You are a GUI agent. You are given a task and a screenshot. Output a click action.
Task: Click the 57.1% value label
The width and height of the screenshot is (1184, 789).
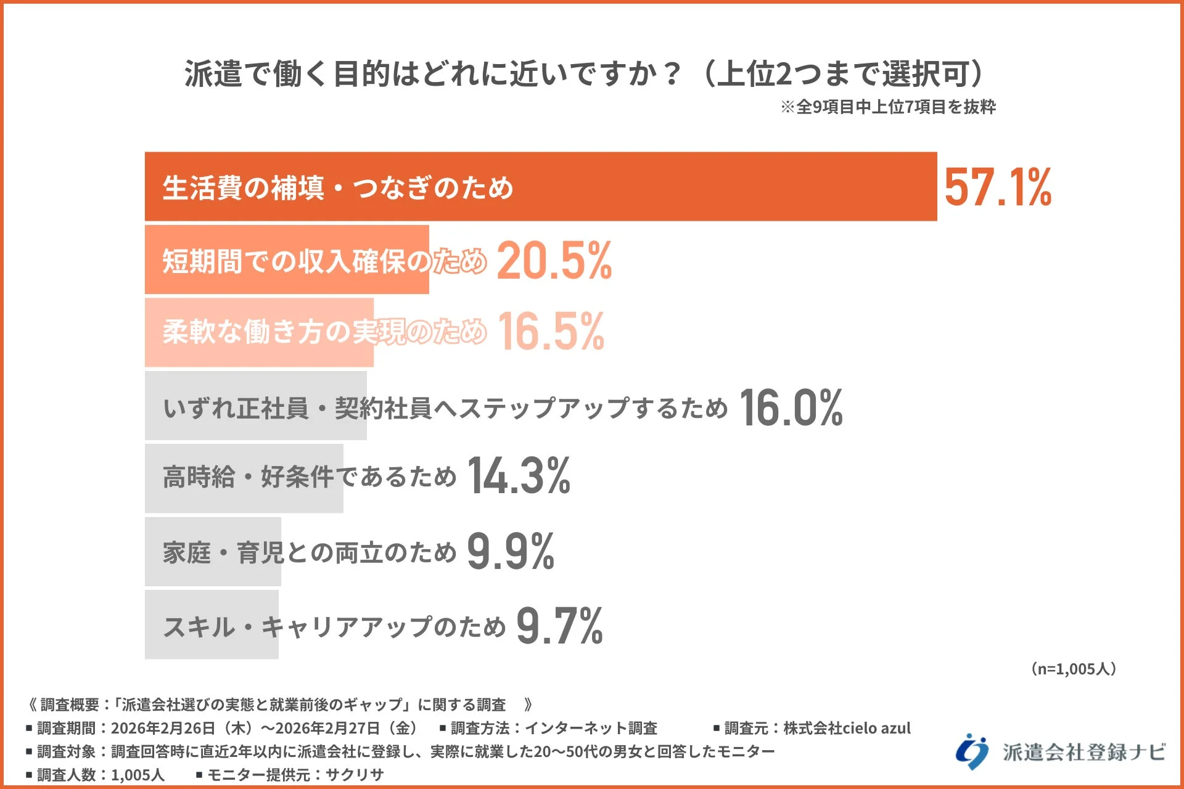997,187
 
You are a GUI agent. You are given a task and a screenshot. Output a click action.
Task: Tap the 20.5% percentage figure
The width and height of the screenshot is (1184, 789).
554,260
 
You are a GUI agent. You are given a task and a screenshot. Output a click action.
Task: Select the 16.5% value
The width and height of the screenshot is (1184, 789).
551,332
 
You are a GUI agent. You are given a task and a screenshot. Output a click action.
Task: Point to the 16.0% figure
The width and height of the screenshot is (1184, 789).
791,407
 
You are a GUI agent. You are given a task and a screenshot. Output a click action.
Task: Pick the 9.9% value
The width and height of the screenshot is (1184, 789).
510,551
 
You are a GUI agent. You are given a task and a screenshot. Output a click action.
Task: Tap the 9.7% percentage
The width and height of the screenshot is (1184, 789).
559,626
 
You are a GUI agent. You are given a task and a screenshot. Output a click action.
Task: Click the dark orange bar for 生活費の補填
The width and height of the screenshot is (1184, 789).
678,187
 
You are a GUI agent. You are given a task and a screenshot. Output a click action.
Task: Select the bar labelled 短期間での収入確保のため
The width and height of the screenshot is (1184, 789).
287,260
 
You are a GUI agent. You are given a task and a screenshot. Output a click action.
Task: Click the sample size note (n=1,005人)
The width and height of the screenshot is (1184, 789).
1073,669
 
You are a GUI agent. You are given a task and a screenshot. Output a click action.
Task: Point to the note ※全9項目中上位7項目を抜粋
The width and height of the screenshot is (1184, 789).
888,107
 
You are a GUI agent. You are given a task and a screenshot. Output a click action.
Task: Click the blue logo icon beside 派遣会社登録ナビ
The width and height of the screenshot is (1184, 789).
972,751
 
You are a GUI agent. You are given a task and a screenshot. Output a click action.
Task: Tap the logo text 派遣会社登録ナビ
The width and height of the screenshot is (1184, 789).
1083,752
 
